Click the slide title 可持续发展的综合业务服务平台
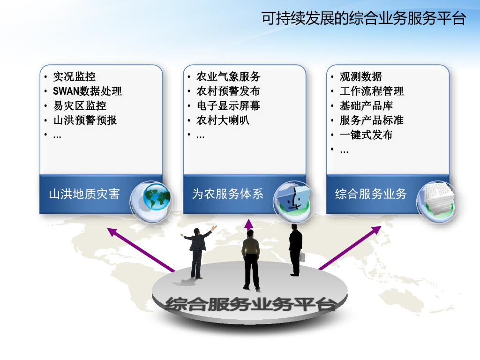364,18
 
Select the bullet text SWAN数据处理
87,91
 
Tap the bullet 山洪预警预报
85,120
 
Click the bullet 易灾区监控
80,105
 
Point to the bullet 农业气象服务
228,76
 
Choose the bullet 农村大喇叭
223,120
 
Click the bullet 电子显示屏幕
228,105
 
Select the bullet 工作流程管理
372,91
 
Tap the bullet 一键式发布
366,135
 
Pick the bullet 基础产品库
366,105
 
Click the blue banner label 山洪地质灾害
84,194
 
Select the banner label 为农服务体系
228,194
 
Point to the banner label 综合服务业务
371,194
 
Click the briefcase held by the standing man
302,256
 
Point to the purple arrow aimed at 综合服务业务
350,247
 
